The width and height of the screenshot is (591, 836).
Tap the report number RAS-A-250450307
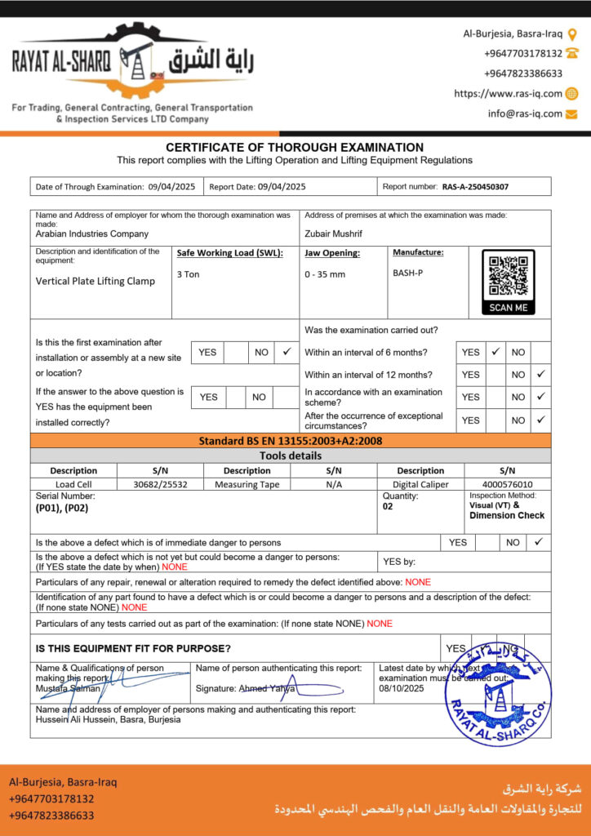(x=475, y=187)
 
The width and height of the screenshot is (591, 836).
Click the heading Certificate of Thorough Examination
(x=295, y=147)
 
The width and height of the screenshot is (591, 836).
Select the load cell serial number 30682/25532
(x=160, y=484)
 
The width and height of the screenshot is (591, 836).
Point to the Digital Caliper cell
(x=420, y=484)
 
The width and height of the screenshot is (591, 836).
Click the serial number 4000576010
(x=507, y=484)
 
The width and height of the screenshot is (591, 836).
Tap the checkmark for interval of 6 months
(x=495, y=352)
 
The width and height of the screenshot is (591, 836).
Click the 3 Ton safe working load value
(x=188, y=274)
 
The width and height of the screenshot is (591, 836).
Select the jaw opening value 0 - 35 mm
(x=325, y=274)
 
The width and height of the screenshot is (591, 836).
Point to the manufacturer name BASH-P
(x=407, y=273)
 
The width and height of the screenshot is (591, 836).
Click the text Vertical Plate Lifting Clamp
(x=95, y=281)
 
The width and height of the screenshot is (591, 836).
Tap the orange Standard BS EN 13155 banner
(x=291, y=441)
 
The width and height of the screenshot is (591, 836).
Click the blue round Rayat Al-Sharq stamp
(x=498, y=693)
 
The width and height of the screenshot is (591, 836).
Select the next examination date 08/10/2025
(x=402, y=688)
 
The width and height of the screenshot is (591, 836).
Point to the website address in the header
(x=508, y=94)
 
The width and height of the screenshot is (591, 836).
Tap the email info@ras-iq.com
(x=525, y=113)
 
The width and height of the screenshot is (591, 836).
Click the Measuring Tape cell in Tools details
(x=247, y=484)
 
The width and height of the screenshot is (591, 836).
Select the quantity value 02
(x=388, y=506)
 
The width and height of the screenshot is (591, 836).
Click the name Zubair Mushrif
(x=333, y=233)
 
